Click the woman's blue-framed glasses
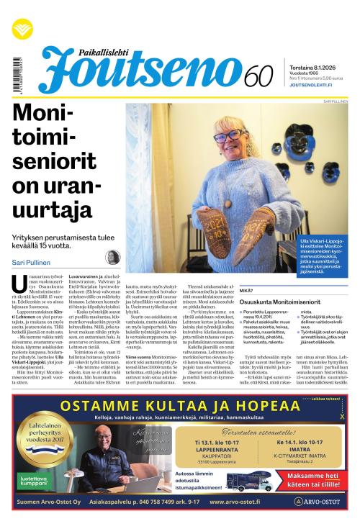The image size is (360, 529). [228, 137]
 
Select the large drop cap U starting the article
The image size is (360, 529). [19, 286]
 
